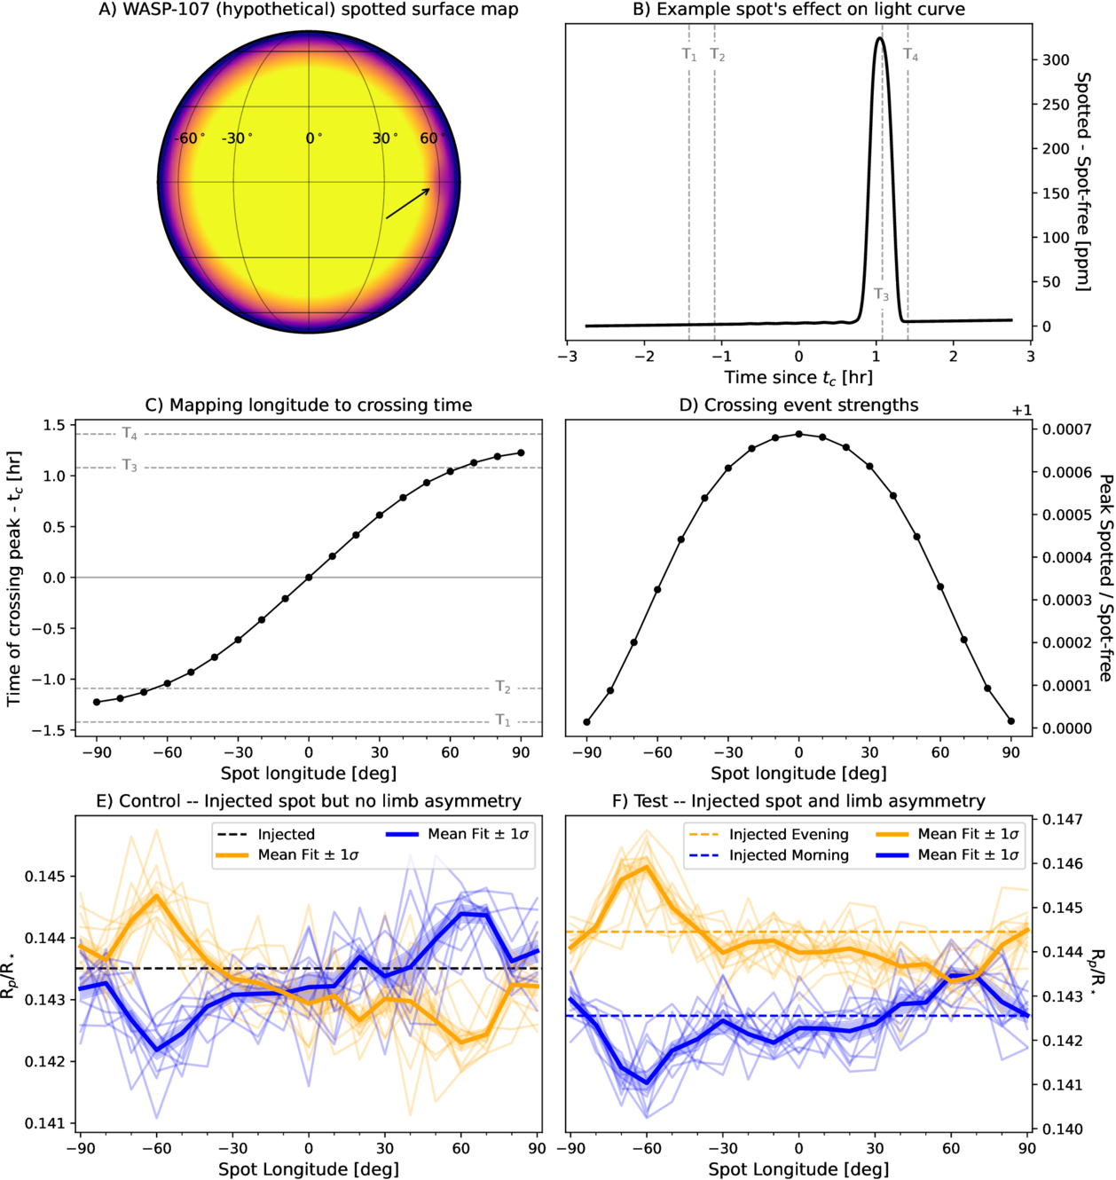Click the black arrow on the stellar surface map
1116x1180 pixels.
(x=408, y=203)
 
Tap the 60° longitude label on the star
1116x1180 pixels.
(x=432, y=138)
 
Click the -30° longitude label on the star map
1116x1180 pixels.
(x=237, y=138)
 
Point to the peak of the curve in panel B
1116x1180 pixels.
(x=879, y=38)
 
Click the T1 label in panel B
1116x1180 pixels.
(x=689, y=55)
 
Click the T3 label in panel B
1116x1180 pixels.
(x=881, y=295)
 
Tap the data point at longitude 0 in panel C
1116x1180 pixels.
(x=309, y=578)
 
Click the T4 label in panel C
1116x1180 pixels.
(x=130, y=434)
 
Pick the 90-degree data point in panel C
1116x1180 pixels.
(x=521, y=452)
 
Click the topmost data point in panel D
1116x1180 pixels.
(x=799, y=434)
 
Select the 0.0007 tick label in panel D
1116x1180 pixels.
(x=1065, y=429)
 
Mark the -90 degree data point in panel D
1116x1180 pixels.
(x=587, y=722)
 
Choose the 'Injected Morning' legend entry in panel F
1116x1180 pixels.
(x=788, y=855)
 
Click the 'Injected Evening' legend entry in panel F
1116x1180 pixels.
(x=788, y=834)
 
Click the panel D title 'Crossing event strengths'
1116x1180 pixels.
(x=798, y=405)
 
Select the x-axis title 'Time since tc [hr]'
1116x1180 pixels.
(x=798, y=378)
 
